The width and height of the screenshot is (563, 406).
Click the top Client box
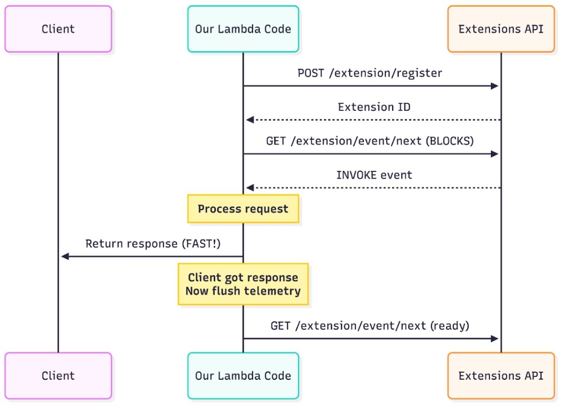point(58,29)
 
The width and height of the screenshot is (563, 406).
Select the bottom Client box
point(58,375)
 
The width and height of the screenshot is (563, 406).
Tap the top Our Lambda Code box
point(243,29)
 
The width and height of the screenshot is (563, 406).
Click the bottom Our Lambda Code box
point(243,375)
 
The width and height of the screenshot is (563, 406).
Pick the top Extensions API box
point(501,29)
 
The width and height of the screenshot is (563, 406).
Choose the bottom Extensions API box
point(501,375)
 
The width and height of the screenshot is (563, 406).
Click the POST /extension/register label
point(370,73)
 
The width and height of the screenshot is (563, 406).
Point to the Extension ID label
point(374,107)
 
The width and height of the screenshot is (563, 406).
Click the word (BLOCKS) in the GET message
point(449,141)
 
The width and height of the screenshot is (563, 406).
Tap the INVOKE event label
point(374,175)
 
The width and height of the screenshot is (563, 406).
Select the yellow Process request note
point(243,209)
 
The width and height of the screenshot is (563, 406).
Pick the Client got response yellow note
point(243,284)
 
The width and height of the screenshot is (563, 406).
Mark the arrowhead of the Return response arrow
point(65,257)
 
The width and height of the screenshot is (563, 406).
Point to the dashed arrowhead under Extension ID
point(250,120)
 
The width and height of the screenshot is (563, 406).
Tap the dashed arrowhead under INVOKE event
point(250,188)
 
